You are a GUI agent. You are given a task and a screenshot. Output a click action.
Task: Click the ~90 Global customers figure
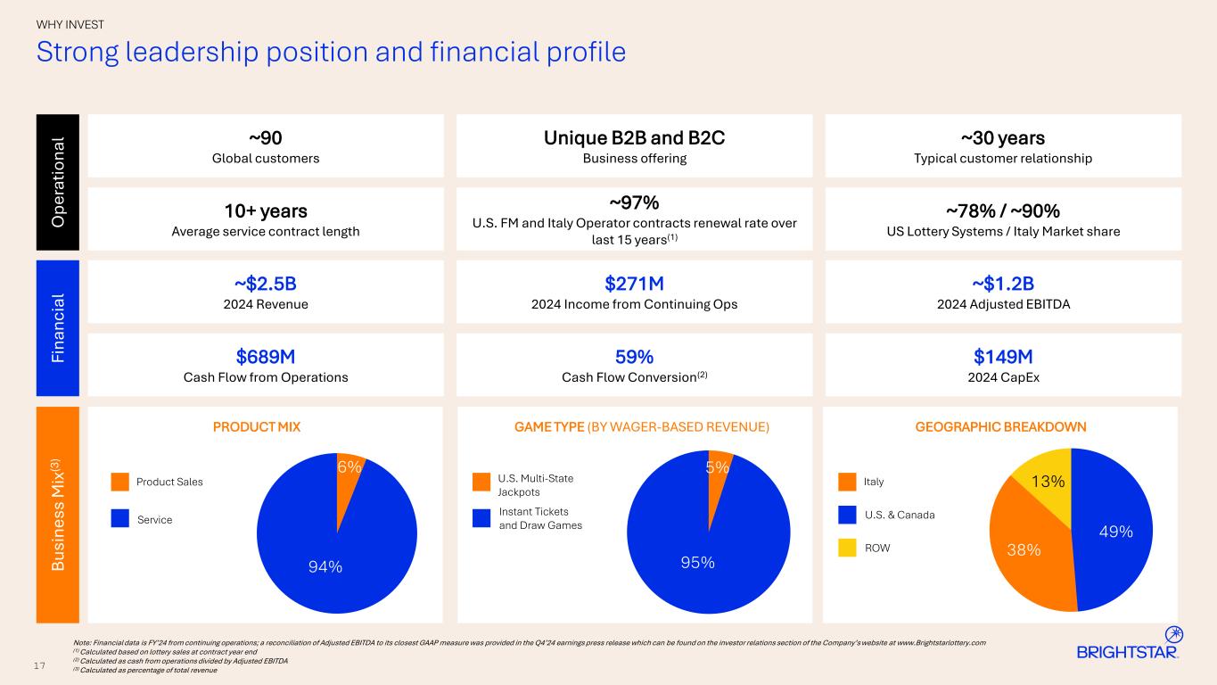click(x=265, y=138)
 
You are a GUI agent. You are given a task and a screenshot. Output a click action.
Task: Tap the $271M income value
click(x=634, y=284)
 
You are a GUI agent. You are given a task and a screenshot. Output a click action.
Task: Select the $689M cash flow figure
click(x=265, y=357)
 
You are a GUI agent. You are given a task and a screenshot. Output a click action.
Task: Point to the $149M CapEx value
click(x=1002, y=357)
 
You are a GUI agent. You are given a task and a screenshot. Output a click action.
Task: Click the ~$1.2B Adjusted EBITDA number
click(x=1002, y=284)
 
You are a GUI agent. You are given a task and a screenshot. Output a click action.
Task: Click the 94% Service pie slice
click(x=330, y=553)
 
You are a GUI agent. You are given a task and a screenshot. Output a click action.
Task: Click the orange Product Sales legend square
click(x=120, y=482)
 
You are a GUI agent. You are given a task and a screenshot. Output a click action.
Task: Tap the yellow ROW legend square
click(x=848, y=548)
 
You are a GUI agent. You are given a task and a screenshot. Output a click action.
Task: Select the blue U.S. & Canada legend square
click(x=848, y=515)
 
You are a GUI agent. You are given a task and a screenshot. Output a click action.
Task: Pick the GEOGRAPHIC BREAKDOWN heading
click(x=1000, y=427)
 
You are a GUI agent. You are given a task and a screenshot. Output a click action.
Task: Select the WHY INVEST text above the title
click(x=70, y=24)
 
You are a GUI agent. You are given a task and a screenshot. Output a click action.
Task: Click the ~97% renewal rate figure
click(x=634, y=202)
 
